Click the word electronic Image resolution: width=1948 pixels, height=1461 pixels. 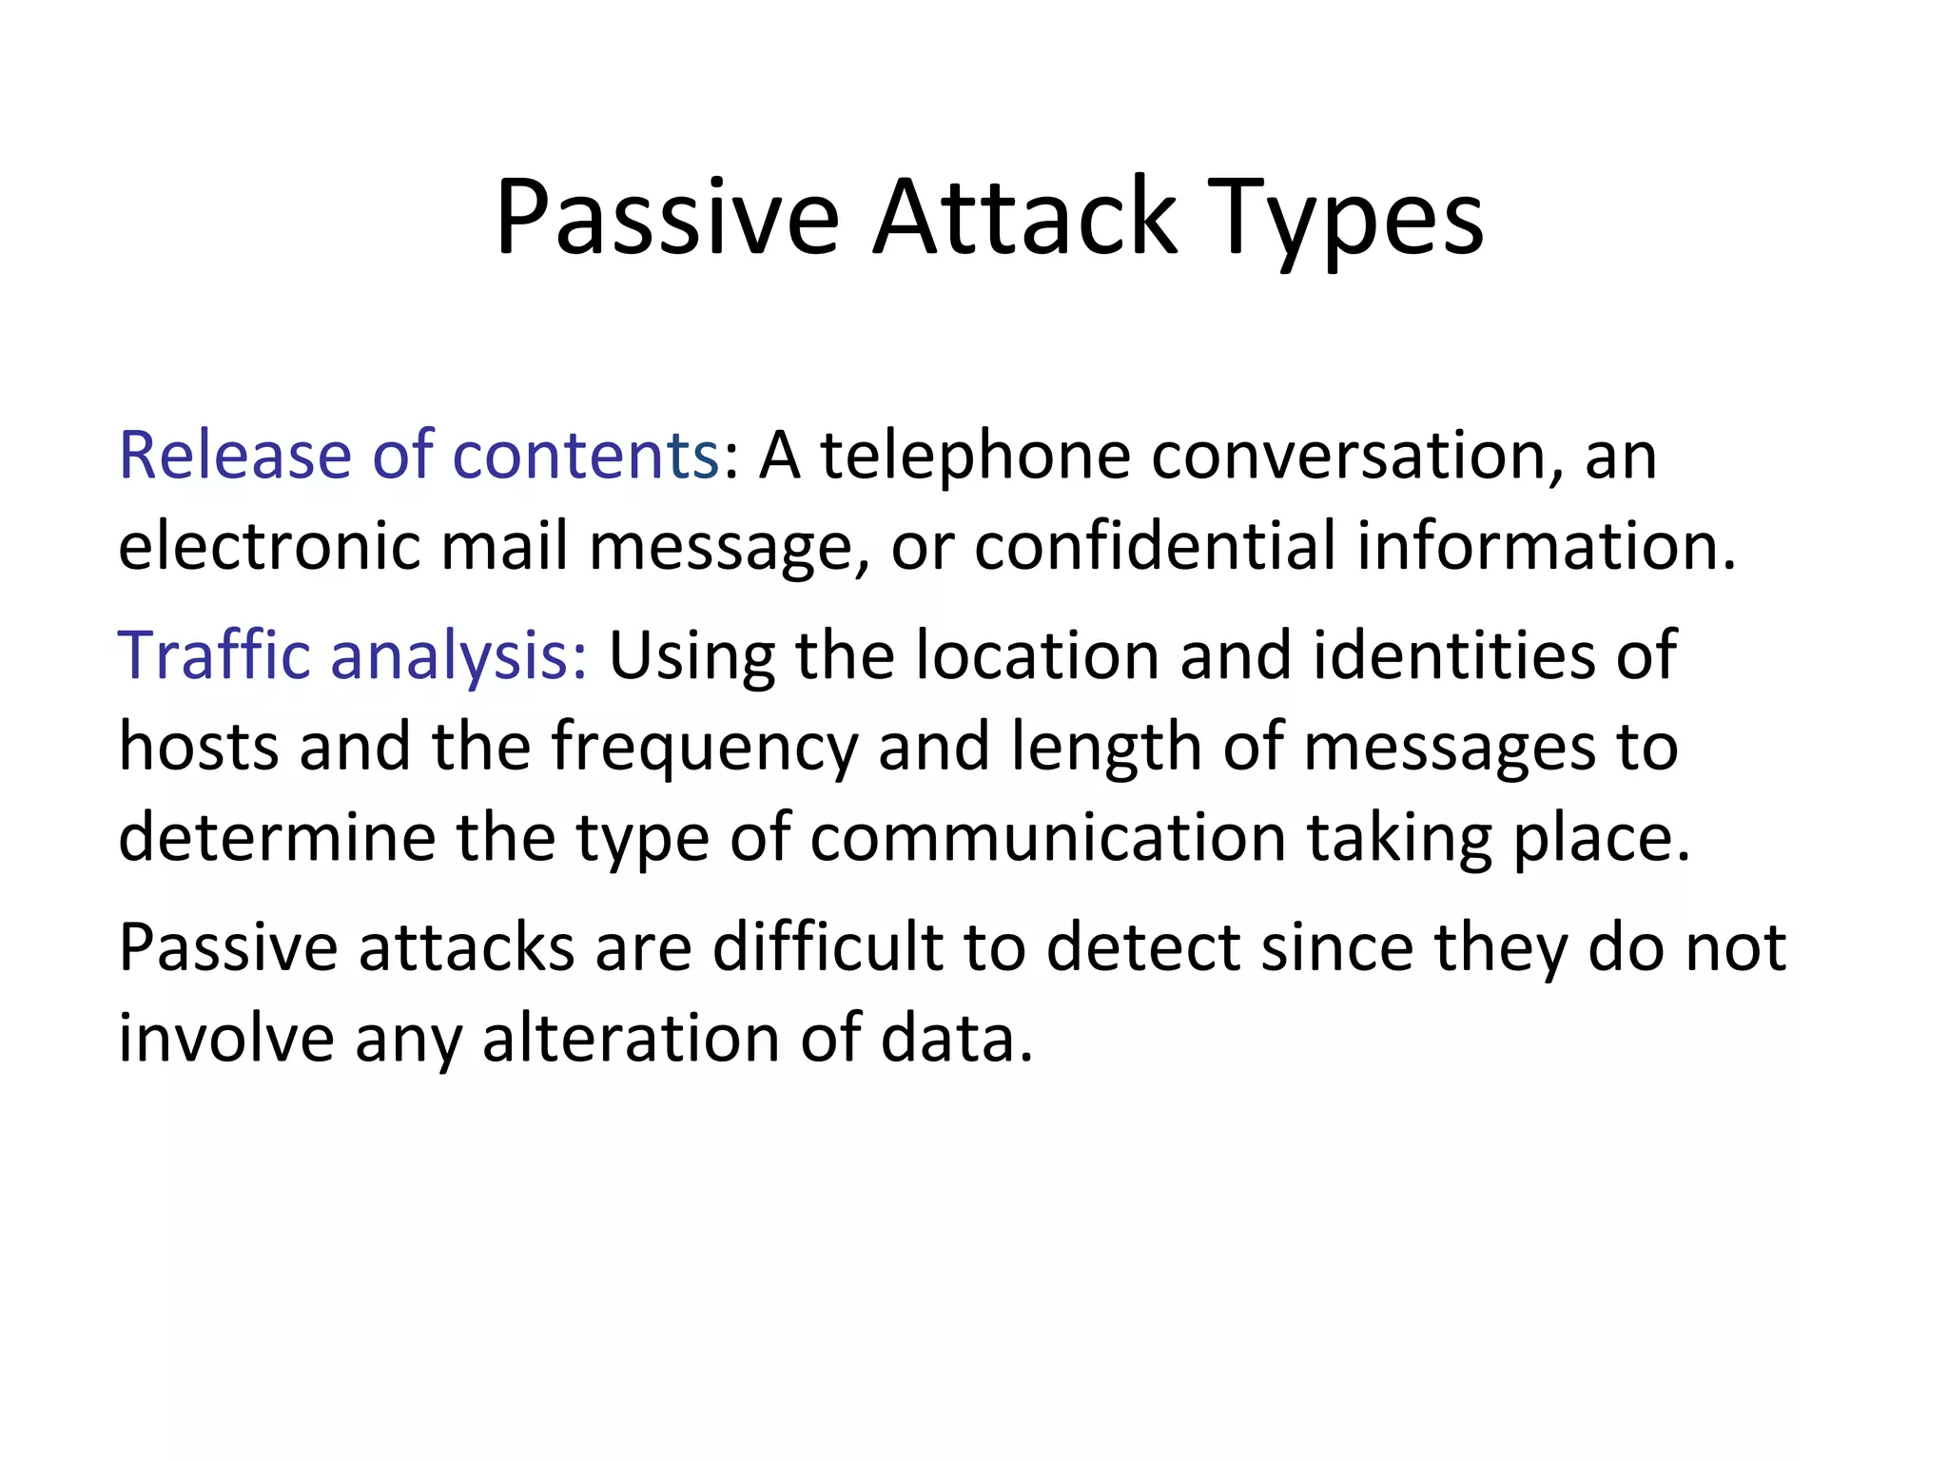click(269, 546)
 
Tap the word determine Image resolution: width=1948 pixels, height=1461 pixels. click(277, 837)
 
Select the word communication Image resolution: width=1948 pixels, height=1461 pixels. click(1047, 837)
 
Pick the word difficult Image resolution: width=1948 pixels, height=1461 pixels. click(828, 947)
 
